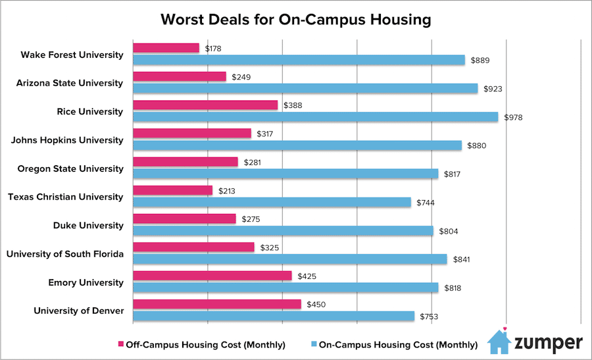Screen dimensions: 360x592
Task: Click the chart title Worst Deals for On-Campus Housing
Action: coord(295,19)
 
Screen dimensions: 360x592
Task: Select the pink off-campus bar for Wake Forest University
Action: coord(166,48)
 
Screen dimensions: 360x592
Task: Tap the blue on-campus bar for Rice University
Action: coord(315,116)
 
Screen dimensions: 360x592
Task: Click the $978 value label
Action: coord(512,117)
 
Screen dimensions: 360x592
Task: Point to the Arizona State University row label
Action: coord(71,83)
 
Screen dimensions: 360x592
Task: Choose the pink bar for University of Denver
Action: coord(216,304)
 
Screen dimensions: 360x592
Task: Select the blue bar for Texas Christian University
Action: coord(272,202)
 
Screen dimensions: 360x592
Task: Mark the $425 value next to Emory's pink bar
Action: coord(307,276)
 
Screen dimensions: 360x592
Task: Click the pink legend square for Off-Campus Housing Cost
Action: coord(120,344)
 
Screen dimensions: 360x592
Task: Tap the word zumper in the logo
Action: coord(548,343)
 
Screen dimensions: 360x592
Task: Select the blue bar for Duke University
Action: coord(283,230)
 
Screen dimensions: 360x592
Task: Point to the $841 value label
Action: coord(461,259)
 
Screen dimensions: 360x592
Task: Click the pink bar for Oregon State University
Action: coord(185,162)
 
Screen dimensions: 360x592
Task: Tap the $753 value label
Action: coord(428,317)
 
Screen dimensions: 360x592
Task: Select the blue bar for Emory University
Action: coord(285,288)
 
